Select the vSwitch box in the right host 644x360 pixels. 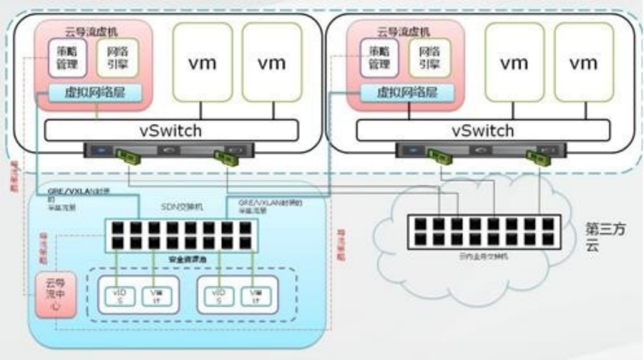tap(483, 130)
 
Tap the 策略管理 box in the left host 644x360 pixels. tap(66, 58)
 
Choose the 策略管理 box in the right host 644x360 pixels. tap(379, 58)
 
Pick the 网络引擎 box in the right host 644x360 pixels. tap(430, 58)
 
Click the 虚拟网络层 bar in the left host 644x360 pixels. tap(95, 93)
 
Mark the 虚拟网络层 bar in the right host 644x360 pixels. tap(407, 93)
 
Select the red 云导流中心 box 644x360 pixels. tap(52, 295)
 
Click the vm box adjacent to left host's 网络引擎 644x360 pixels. tap(203, 62)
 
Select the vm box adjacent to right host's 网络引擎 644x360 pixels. tap(514, 62)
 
